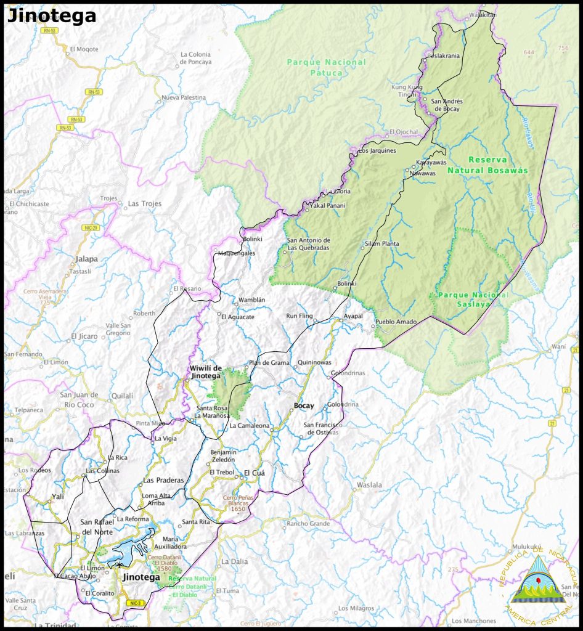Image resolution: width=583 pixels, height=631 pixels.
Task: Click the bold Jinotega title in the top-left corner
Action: (x=52, y=16)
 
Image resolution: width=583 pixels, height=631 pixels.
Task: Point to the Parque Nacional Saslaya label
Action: (x=473, y=299)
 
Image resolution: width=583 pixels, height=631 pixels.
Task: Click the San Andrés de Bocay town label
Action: (x=447, y=105)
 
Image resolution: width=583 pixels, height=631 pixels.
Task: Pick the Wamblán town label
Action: (x=251, y=300)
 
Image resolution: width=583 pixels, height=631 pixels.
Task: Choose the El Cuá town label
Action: (x=254, y=473)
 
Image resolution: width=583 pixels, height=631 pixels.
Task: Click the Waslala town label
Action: (x=369, y=485)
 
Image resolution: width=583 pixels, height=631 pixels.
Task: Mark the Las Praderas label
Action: (x=163, y=480)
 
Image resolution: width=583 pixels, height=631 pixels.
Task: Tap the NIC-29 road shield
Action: (x=91, y=228)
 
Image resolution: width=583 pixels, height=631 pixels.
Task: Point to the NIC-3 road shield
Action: (x=134, y=603)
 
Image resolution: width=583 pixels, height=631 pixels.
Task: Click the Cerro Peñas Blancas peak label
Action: (x=238, y=503)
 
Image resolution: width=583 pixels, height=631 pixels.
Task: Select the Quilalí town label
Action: (x=123, y=396)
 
